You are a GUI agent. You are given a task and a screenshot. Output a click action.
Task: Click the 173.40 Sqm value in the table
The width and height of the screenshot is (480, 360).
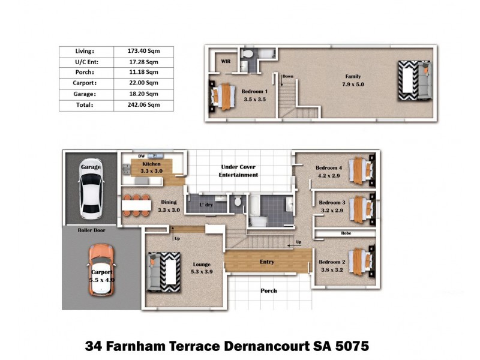click(143, 51)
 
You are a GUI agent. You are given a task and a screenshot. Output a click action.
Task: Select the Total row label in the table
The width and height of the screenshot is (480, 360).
click(85, 105)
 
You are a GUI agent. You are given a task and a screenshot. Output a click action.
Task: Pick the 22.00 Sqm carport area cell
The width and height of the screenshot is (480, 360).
click(143, 83)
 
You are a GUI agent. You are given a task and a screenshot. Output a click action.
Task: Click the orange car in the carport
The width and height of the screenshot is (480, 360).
click(100, 271)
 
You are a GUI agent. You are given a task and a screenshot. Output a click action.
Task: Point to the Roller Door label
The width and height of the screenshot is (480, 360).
click(91, 230)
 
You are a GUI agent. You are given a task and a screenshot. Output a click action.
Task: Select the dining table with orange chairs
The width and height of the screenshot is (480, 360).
click(136, 205)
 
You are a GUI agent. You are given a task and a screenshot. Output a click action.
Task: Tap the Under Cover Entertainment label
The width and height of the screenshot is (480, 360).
click(239, 171)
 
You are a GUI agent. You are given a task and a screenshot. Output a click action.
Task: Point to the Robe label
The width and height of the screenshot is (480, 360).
click(346, 232)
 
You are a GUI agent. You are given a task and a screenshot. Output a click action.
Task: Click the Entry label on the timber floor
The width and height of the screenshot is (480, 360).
click(267, 262)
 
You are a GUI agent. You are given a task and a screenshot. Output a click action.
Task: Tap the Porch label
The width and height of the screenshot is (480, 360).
click(268, 291)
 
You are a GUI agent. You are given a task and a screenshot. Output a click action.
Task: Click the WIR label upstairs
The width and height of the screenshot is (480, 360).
click(226, 61)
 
